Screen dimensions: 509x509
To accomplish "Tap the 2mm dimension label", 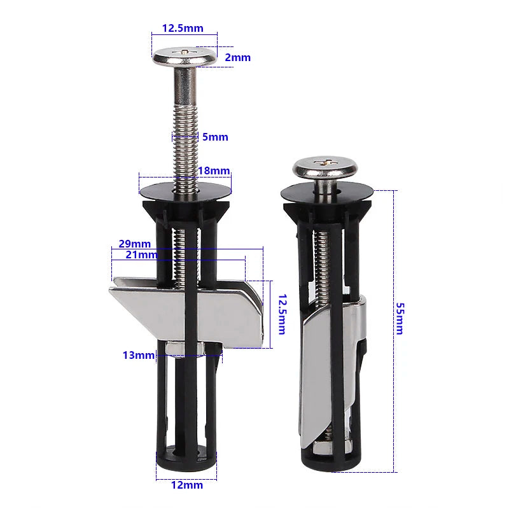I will tap(238, 57).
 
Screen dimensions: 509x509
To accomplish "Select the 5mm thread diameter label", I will tap(215, 137).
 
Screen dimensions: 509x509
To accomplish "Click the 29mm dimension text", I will tap(134, 244).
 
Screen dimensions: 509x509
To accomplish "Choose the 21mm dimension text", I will tap(141, 254).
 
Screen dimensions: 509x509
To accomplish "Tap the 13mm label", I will tap(139, 355).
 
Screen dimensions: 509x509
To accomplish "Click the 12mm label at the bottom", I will tap(187, 485).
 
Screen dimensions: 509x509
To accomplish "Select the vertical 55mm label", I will tap(400, 318).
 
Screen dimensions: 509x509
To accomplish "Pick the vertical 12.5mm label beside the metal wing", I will tap(281, 314).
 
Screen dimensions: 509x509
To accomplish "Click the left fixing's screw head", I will tap(185, 55).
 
